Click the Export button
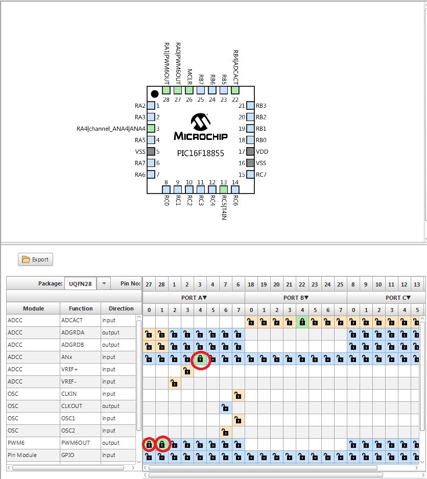coord(35,259)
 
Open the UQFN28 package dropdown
coord(104,283)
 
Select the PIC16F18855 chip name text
coord(200,153)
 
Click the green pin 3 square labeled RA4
coord(151,129)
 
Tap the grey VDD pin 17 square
coord(250,152)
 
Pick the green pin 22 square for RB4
coord(235,90)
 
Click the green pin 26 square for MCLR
coord(189,90)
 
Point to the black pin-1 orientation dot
coord(155,94)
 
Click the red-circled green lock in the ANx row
coord(200,359)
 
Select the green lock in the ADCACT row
coord(302,322)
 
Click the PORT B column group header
coord(296,297)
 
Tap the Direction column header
coord(121,308)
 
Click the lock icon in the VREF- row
coord(174,382)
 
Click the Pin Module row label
coord(33,455)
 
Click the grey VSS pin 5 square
coord(151,152)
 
